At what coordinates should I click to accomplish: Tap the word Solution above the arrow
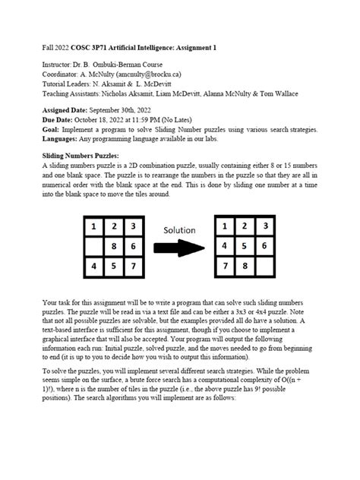pos(179,229)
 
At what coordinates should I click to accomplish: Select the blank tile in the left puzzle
pos(93,246)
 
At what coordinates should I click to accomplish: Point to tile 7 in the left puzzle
pos(132,266)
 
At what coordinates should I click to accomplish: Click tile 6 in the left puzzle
pos(132,246)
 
